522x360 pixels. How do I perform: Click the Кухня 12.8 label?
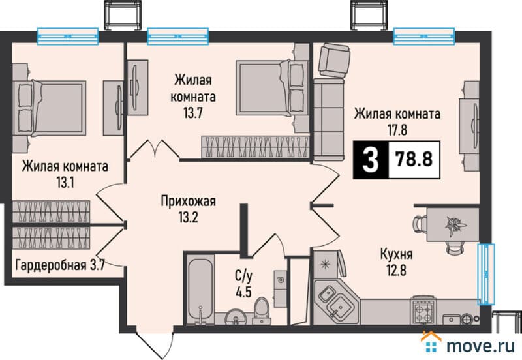point(399,260)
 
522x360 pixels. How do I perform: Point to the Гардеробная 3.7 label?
point(59,264)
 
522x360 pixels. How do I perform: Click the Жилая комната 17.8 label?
point(397,121)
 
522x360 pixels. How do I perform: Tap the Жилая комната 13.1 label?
point(65,173)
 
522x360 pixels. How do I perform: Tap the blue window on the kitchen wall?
point(485,274)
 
